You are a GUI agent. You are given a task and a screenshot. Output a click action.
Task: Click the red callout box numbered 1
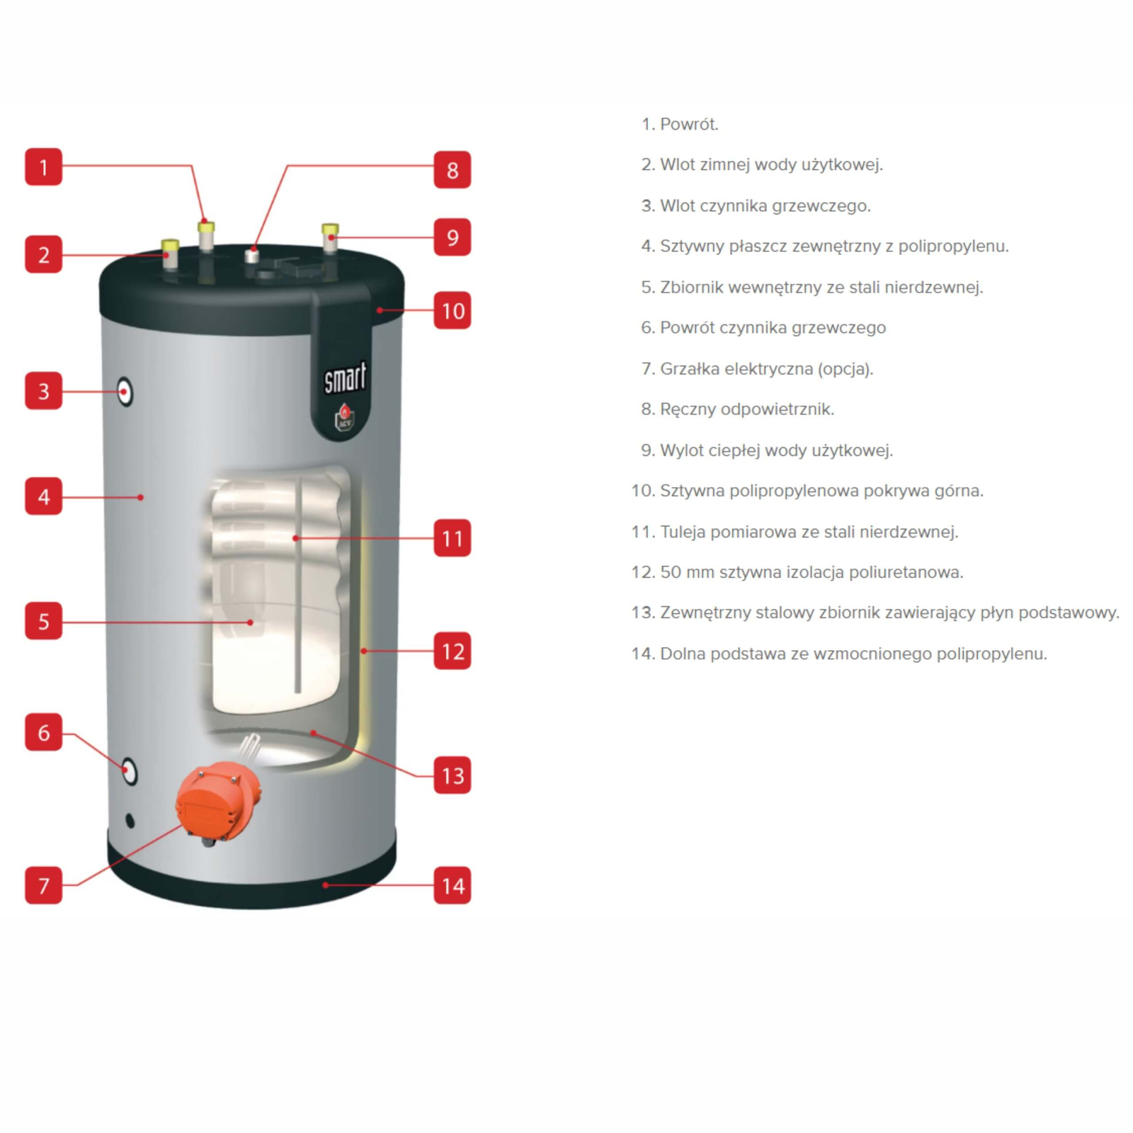point(43,167)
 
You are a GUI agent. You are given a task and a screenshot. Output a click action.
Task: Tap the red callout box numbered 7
point(43,885)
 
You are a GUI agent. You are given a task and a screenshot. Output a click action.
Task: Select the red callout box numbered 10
point(452,310)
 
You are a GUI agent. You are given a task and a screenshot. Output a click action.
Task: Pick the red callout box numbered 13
point(452,775)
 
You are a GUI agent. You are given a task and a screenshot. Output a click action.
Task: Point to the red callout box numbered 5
point(43,621)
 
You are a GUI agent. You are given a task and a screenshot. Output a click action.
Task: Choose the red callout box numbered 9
point(452,237)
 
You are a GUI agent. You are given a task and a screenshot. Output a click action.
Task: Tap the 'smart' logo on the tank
point(345,377)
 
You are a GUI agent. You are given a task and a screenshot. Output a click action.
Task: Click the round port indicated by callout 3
point(125,392)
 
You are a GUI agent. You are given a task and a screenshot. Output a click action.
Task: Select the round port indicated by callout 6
point(129,770)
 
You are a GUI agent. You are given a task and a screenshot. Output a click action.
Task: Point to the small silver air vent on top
point(251,255)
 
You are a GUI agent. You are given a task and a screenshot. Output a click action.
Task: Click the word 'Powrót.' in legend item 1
point(689,124)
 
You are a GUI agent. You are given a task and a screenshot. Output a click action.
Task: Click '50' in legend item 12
point(670,572)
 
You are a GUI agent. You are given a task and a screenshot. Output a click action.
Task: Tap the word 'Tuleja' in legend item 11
point(683,532)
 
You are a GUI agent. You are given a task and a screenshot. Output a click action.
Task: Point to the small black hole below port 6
point(130,821)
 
